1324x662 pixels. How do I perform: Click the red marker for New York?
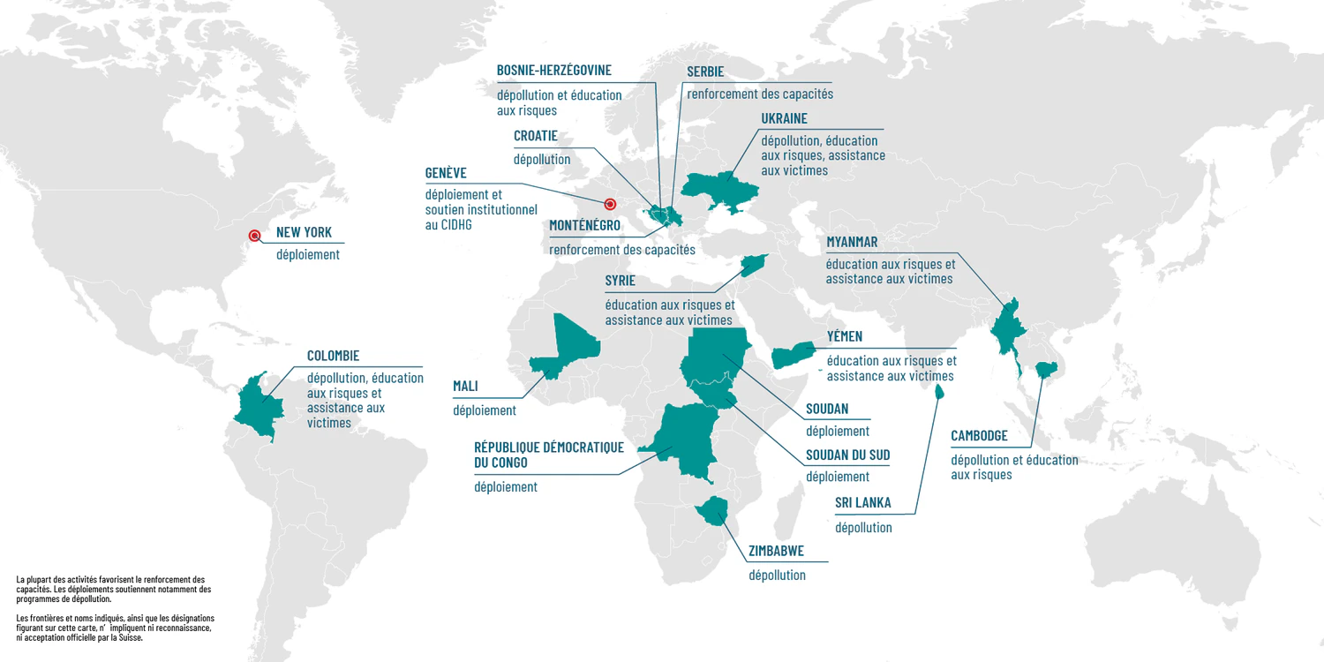(x=254, y=235)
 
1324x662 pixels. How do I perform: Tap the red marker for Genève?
(x=609, y=204)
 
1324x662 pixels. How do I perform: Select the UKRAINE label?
(x=784, y=118)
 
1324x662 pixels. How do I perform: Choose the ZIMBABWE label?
(x=776, y=553)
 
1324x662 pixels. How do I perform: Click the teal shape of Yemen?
(x=792, y=355)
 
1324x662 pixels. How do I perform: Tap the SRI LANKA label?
(x=862, y=503)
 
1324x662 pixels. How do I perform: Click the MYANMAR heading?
(x=852, y=242)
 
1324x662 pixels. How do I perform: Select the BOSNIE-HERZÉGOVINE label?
(x=553, y=70)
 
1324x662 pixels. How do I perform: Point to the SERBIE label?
(x=705, y=71)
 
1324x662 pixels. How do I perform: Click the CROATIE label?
(x=535, y=136)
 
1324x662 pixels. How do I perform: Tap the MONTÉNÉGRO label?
(x=584, y=226)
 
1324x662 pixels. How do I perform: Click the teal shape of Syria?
(x=754, y=263)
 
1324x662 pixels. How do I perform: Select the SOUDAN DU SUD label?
(x=847, y=455)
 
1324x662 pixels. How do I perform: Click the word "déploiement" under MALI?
(x=485, y=410)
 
